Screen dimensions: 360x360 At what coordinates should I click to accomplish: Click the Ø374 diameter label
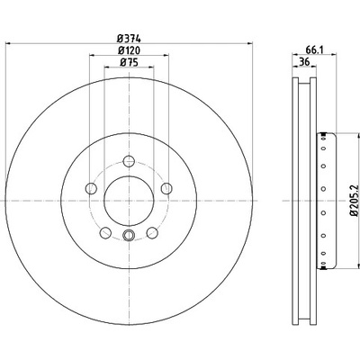click(129, 39)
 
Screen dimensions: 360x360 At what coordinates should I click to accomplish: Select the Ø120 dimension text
click(129, 50)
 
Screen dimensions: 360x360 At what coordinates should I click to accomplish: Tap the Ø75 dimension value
click(129, 62)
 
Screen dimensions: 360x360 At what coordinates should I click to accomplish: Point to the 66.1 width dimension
click(314, 50)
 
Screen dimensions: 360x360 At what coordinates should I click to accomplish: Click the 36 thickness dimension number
click(304, 62)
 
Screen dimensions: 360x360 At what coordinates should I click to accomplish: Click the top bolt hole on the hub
click(129, 161)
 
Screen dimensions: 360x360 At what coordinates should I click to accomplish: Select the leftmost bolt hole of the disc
click(91, 188)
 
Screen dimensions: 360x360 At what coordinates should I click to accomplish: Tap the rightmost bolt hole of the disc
click(166, 188)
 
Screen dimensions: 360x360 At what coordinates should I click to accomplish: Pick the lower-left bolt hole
click(105, 232)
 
